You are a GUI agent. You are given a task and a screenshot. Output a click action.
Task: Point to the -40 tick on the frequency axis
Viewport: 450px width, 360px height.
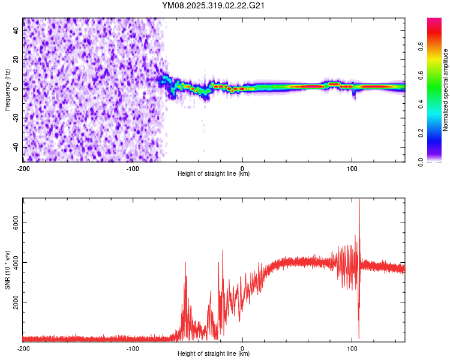coord(15,147)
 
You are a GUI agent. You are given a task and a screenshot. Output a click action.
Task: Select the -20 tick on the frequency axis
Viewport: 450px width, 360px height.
coord(15,118)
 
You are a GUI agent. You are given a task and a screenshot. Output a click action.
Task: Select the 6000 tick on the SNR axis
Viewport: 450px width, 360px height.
coord(14,223)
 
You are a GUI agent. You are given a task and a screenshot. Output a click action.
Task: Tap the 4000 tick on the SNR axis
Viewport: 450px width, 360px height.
coord(14,262)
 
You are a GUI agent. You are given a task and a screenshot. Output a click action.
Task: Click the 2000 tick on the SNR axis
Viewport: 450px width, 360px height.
coord(14,302)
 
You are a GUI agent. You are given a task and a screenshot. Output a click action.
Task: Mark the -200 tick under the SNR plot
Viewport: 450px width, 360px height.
coord(23,348)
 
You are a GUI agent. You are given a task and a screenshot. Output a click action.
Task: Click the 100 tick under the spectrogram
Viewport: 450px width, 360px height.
coord(352,168)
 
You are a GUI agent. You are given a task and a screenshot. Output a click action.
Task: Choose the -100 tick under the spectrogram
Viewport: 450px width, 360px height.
coord(133,168)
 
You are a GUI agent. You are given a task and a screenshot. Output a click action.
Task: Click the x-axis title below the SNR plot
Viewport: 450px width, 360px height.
coord(214,354)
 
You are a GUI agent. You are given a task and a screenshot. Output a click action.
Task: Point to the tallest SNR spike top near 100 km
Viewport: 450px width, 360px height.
coord(359,200)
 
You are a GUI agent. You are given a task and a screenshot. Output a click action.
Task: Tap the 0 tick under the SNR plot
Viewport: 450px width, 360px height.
coord(242,348)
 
